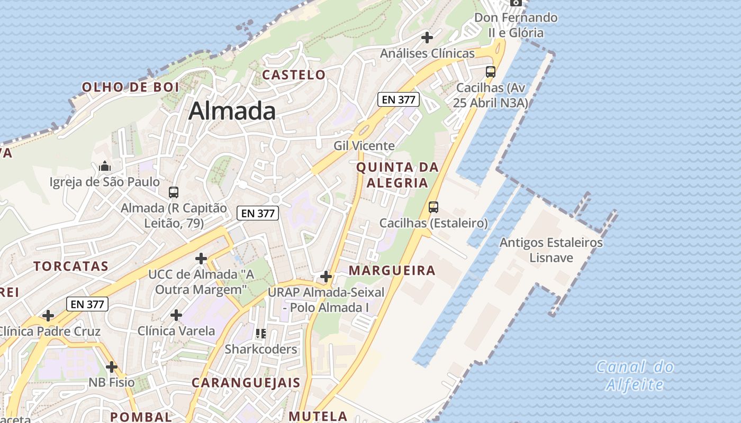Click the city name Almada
[x=232, y=111]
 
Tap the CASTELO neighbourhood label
[x=294, y=75]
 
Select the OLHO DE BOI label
[x=131, y=87]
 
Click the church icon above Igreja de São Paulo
[x=105, y=167]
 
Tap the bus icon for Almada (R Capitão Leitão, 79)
[x=173, y=192]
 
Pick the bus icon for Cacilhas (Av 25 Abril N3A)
[x=491, y=72]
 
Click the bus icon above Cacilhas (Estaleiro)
[x=433, y=207]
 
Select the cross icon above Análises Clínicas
[x=427, y=38]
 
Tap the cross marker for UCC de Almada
[x=201, y=259]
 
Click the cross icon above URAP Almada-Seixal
[x=326, y=277]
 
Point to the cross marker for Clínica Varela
[x=176, y=316]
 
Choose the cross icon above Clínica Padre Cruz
[x=48, y=316]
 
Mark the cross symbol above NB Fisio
[x=111, y=367]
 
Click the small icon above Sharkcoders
[x=261, y=334]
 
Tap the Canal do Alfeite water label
[x=635, y=375]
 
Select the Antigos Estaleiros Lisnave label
[x=551, y=250]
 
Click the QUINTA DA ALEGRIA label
[x=397, y=175]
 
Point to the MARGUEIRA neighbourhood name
[x=392, y=271]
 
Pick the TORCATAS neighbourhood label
[x=71, y=266]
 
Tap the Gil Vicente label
[x=364, y=145]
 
